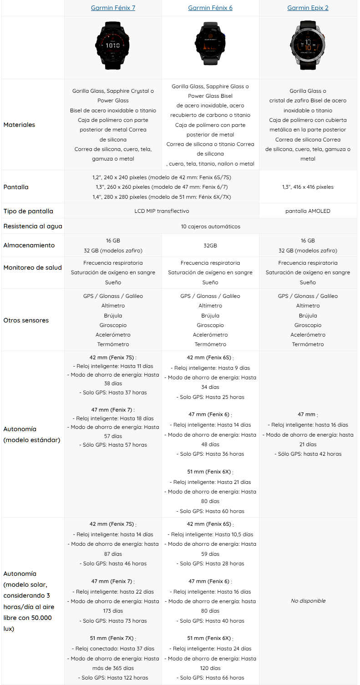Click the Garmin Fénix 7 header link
coord(113,8)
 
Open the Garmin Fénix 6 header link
coord(210,8)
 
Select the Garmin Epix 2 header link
coord(308,8)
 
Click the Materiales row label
coord(19,125)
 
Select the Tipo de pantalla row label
coord(28,211)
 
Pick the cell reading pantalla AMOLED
coord(308,211)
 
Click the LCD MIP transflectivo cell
coord(162,211)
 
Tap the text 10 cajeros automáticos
coord(210,226)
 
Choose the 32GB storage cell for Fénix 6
coord(210,245)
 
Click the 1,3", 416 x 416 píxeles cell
coord(308,187)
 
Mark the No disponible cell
coord(308,601)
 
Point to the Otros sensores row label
coord(26,320)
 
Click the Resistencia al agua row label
coord(33,226)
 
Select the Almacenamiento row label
coord(29,245)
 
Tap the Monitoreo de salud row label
coord(32,267)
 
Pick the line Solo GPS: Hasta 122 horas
coord(113,678)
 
